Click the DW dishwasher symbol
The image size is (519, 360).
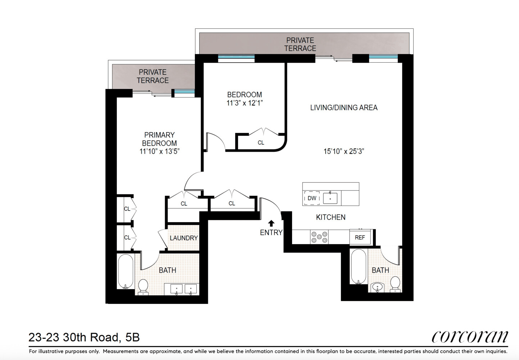(x=312, y=198)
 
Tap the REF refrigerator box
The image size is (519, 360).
(x=360, y=237)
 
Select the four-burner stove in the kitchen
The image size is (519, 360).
(x=319, y=237)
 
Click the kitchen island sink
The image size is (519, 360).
(x=330, y=198)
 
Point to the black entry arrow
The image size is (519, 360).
(x=271, y=223)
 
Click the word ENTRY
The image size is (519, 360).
(x=271, y=233)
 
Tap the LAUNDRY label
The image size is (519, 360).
(x=183, y=238)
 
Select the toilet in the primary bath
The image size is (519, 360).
(x=143, y=287)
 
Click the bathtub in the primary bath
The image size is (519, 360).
(x=126, y=271)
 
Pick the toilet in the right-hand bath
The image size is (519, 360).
(x=395, y=284)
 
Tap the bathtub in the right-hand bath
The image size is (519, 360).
(x=359, y=266)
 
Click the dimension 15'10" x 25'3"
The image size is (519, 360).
(x=344, y=152)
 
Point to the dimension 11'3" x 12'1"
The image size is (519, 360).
(x=245, y=103)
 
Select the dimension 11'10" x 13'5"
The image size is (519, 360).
(x=159, y=151)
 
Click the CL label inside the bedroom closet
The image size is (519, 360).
(x=261, y=143)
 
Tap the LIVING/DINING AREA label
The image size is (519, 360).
(x=344, y=108)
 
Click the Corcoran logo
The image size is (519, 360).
(x=470, y=337)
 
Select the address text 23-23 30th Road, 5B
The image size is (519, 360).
(x=84, y=338)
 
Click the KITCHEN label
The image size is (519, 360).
(x=331, y=217)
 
